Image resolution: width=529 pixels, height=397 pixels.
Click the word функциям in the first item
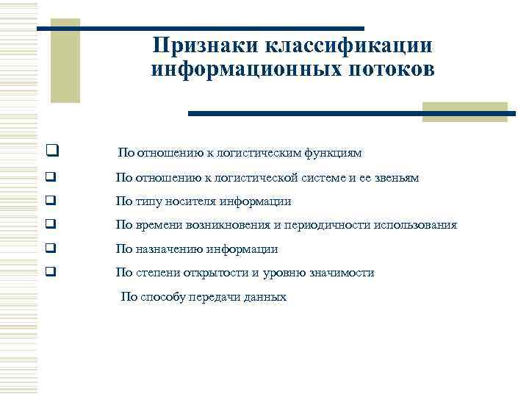(335, 154)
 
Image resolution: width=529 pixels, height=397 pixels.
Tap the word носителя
(186, 201)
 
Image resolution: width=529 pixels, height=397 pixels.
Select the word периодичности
(308, 225)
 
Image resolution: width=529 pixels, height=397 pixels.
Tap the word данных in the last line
(267, 298)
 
